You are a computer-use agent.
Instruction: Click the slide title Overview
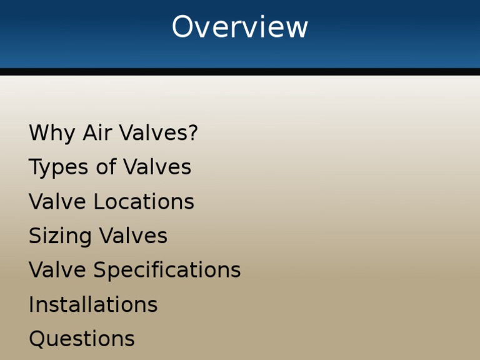(x=240, y=27)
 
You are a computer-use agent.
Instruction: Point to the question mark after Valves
(x=192, y=133)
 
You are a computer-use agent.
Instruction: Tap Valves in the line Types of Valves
(x=157, y=167)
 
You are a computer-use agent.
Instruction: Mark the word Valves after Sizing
(x=133, y=236)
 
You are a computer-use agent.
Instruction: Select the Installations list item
(x=93, y=305)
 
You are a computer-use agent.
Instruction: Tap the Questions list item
(x=82, y=339)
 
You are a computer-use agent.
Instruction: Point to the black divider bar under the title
(x=240, y=72)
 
